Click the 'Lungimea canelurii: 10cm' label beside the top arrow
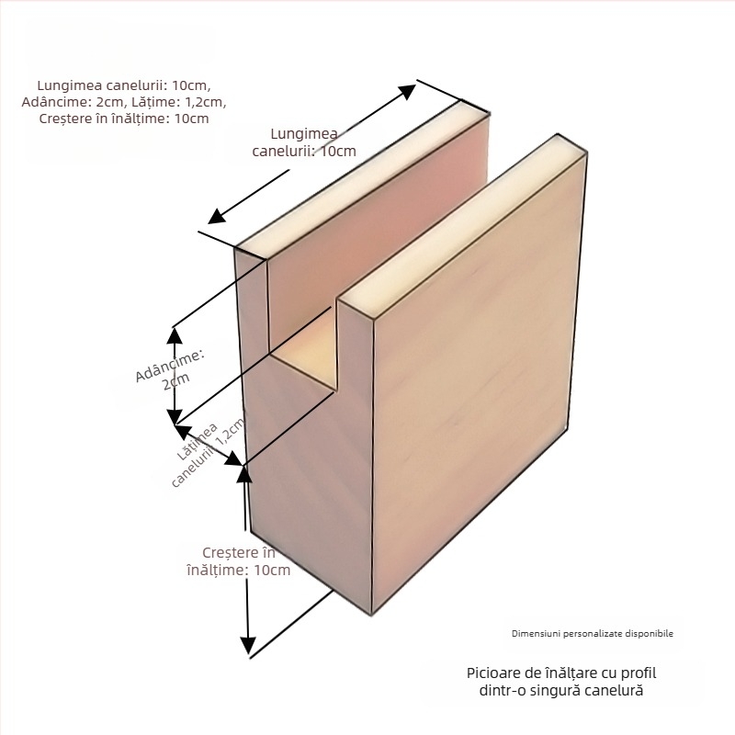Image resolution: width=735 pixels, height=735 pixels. coord(305,142)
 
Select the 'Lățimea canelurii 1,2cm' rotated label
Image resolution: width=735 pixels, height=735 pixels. coord(210,452)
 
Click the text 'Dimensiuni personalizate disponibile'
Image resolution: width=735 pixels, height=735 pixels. coord(593,634)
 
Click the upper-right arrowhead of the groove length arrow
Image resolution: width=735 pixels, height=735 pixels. coord(410,90)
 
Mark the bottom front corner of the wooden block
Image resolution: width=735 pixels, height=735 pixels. coord(369,614)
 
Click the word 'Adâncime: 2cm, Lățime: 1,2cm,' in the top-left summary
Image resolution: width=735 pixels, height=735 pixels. coord(124,101)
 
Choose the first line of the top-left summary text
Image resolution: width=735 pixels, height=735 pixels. coord(124,84)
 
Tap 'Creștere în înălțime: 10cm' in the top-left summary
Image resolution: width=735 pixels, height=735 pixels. coord(124,119)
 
